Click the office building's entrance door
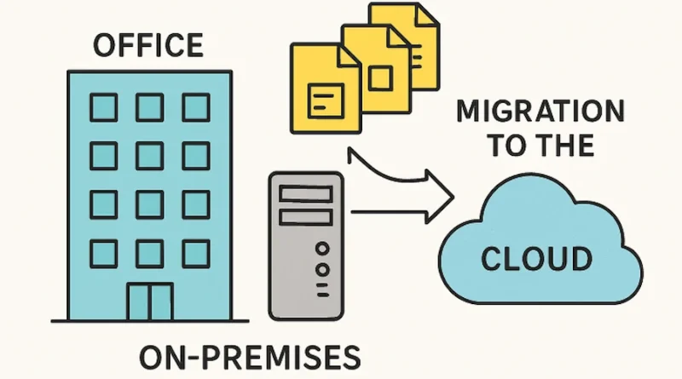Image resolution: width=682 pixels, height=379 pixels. point(150,302)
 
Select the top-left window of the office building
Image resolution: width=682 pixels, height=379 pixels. point(104,106)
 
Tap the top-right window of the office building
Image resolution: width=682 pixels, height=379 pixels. point(195,106)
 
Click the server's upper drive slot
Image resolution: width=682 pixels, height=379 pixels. point(305,196)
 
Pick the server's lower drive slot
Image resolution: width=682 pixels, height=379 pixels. point(305,218)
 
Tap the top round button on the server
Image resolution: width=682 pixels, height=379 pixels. point(321,248)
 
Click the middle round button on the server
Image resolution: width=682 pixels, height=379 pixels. point(321,269)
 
